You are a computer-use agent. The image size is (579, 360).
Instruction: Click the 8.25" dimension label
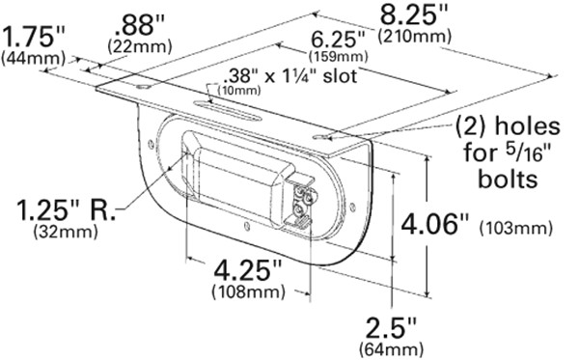[x=414, y=15]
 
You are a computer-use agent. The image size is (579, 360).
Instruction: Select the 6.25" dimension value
[x=338, y=40]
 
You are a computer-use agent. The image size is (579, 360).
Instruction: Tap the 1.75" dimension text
[x=34, y=37]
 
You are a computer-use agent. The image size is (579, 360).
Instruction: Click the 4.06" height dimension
[x=435, y=224]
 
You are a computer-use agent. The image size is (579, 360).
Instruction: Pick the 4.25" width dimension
[x=248, y=270]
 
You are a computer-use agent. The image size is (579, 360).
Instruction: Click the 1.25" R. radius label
[x=66, y=210]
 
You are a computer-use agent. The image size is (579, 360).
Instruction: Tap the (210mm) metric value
[x=414, y=36]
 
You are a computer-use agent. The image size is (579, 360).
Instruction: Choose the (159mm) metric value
[x=338, y=56]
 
